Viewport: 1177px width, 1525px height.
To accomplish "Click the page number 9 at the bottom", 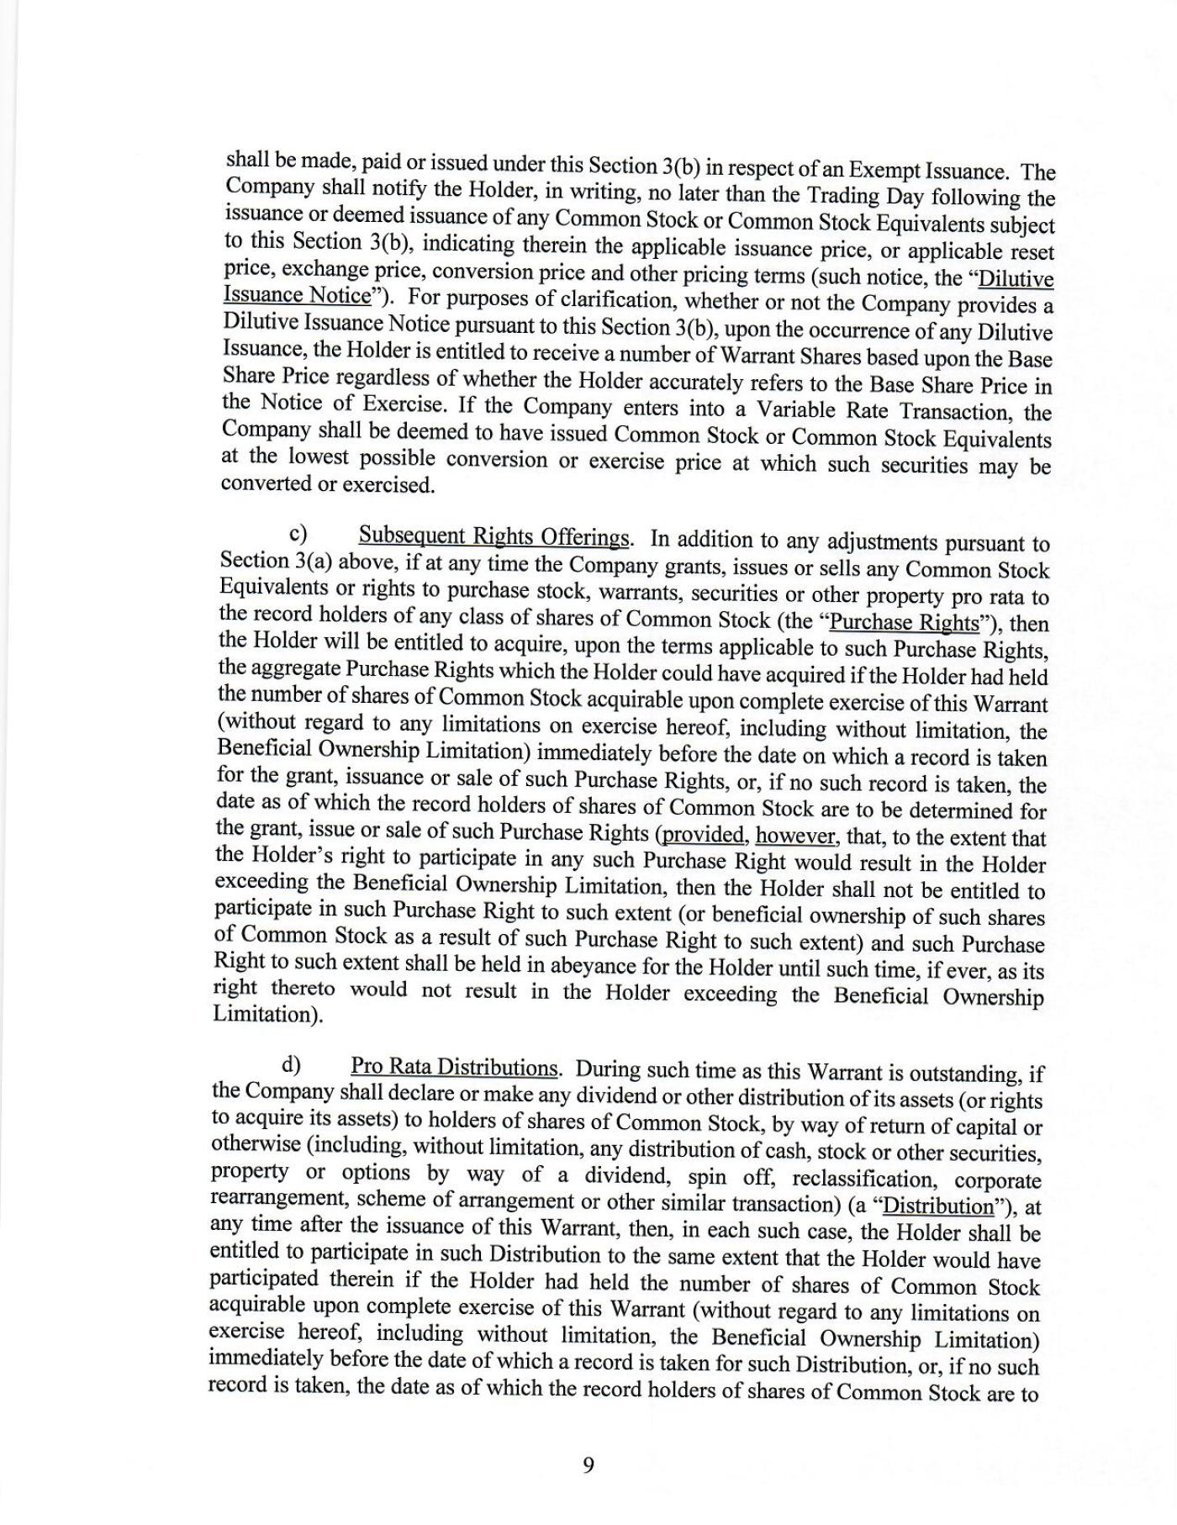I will click(588, 1465).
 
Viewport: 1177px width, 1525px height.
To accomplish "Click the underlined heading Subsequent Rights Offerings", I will click(494, 536).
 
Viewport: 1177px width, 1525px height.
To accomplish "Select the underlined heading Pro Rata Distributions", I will click(454, 1067).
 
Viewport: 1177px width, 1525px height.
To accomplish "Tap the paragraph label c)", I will click(298, 534).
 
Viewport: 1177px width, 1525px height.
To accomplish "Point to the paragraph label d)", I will click(291, 1065).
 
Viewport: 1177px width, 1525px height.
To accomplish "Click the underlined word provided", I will click(704, 836).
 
